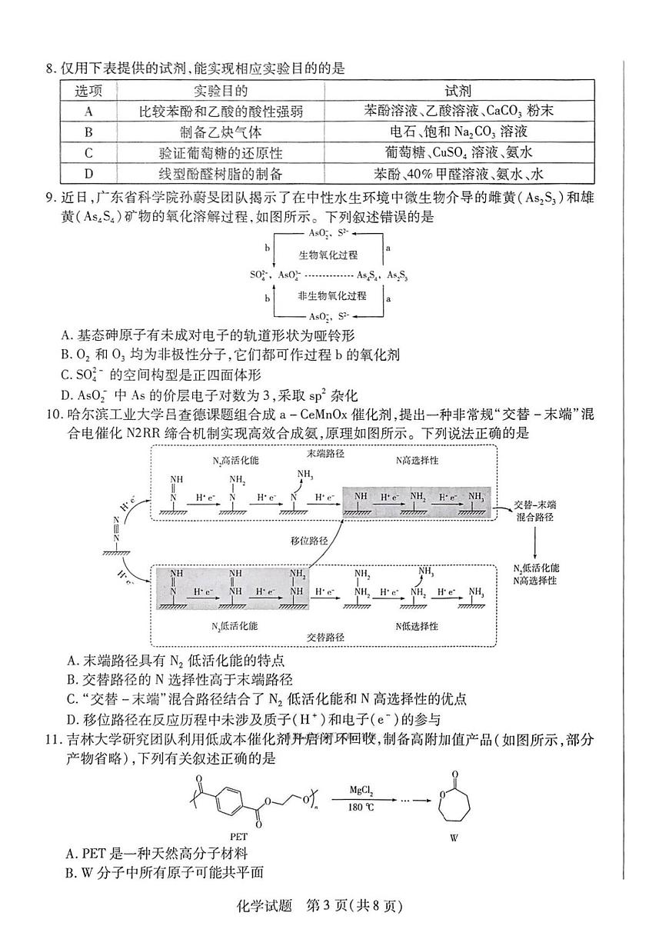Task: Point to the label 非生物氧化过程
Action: [332, 295]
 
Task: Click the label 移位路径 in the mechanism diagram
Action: [310, 541]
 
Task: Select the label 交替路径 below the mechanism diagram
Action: [325, 638]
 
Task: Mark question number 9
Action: [52, 198]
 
